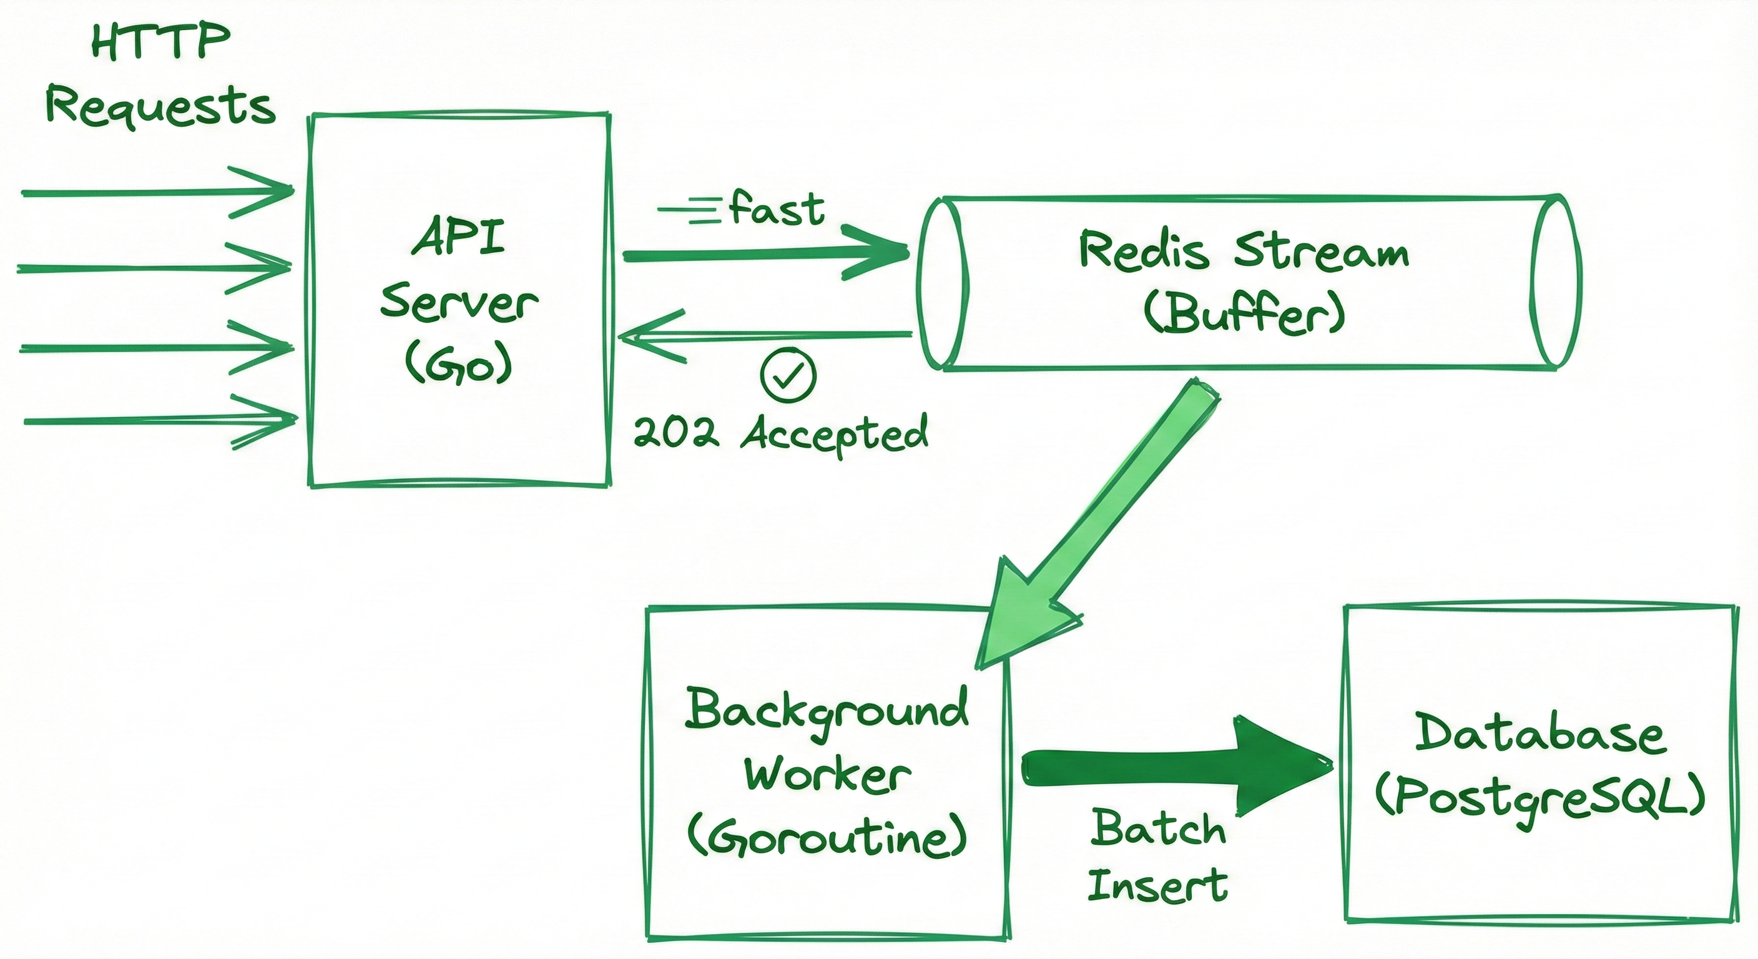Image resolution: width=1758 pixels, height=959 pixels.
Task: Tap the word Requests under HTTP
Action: click(161, 108)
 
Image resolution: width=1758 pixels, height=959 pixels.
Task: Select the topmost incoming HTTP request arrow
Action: click(157, 192)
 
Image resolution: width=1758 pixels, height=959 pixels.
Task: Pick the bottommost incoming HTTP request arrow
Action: click(160, 421)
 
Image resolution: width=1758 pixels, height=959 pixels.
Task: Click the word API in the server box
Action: click(458, 236)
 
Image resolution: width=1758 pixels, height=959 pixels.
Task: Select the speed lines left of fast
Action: click(689, 209)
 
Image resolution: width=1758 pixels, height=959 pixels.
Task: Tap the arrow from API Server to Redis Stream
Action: click(764, 255)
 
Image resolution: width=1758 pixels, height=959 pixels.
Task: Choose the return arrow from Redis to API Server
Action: click(764, 335)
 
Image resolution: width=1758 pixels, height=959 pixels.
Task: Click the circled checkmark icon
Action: click(788, 375)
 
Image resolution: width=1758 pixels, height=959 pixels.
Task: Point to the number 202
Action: click(675, 433)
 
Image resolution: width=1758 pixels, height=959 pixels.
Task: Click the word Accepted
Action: click(835, 434)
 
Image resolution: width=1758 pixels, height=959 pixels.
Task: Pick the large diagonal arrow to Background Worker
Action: click(1099, 526)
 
